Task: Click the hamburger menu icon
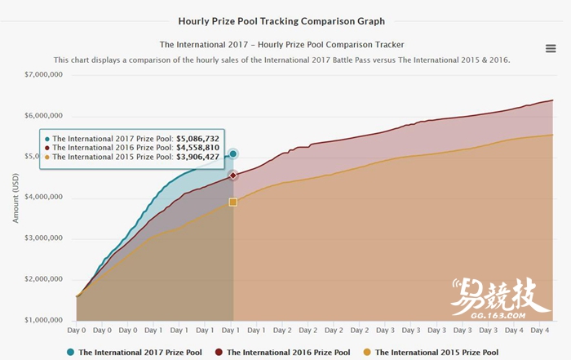[x=551, y=49]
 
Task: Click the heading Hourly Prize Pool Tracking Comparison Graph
[x=281, y=21]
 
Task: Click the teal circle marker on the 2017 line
[x=233, y=153]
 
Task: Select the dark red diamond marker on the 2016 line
[x=233, y=176]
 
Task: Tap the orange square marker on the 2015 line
[x=233, y=202]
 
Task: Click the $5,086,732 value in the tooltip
[x=197, y=139]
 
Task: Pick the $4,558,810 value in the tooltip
[x=197, y=148]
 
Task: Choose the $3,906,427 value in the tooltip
[x=197, y=157]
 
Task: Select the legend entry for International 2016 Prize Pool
[x=282, y=353]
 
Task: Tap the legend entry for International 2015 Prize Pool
[x=430, y=353]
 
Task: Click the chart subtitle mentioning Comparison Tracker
[x=281, y=44]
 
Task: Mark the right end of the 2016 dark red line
[x=553, y=100]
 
